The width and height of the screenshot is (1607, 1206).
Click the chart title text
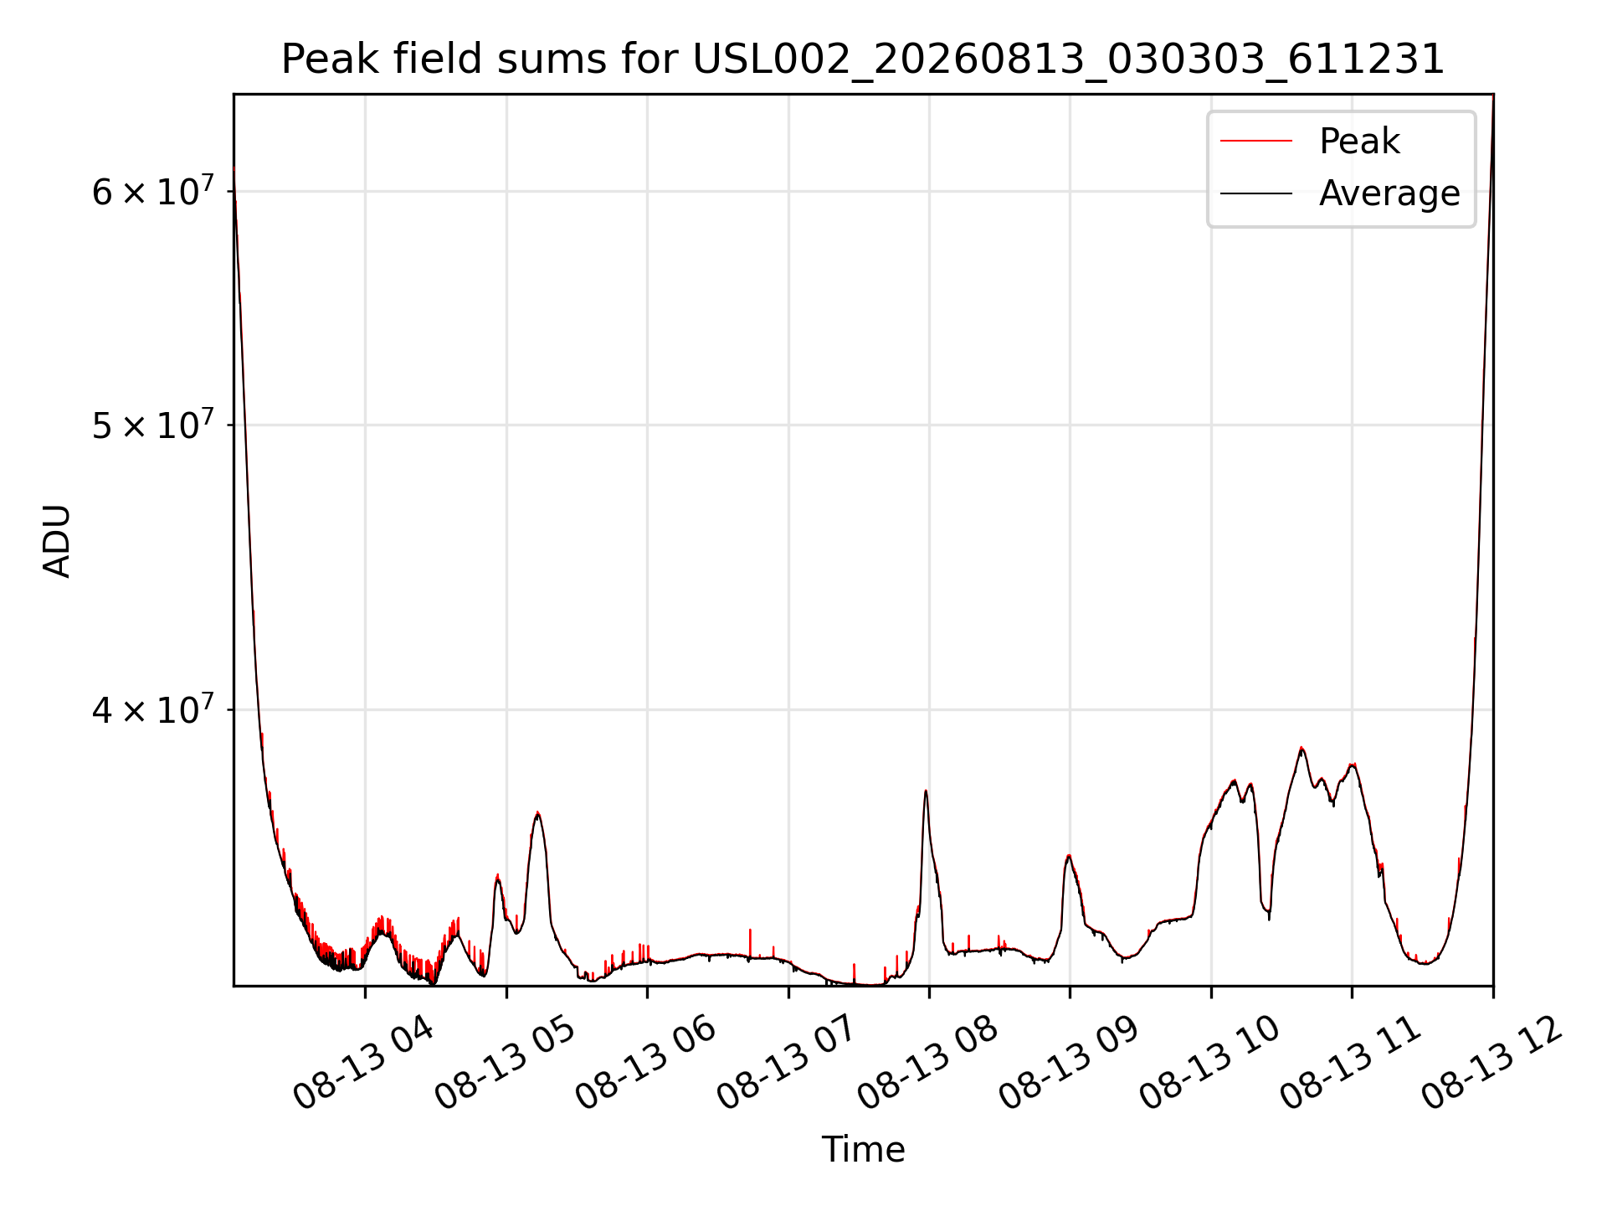coord(863,59)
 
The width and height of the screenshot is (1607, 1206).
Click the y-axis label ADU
coord(57,540)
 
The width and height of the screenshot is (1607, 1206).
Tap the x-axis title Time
coord(863,1149)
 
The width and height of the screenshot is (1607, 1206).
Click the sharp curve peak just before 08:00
coord(926,791)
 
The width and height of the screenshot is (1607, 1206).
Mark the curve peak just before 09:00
coord(1068,855)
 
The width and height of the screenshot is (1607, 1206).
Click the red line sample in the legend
coord(1256,141)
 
